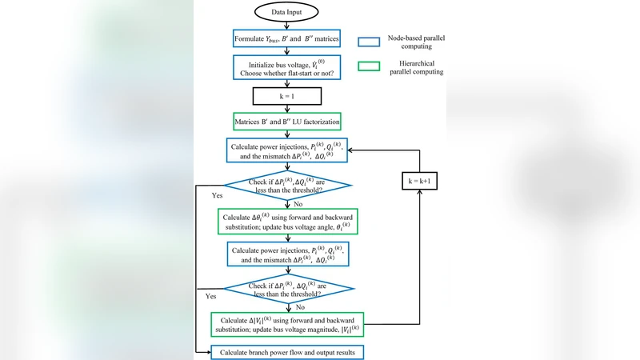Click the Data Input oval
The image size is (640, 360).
coord(286,14)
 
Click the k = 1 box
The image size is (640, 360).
coord(286,96)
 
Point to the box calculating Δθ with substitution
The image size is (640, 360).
coord(286,222)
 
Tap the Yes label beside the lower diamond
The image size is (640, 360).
coord(211,296)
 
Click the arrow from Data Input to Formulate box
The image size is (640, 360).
coord(286,26)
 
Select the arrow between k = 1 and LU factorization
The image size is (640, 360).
coord(286,109)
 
